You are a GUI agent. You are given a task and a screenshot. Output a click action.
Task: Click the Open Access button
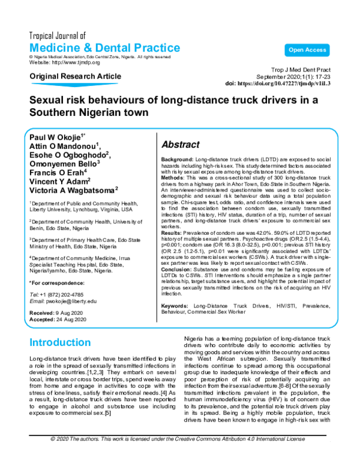[307, 50]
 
